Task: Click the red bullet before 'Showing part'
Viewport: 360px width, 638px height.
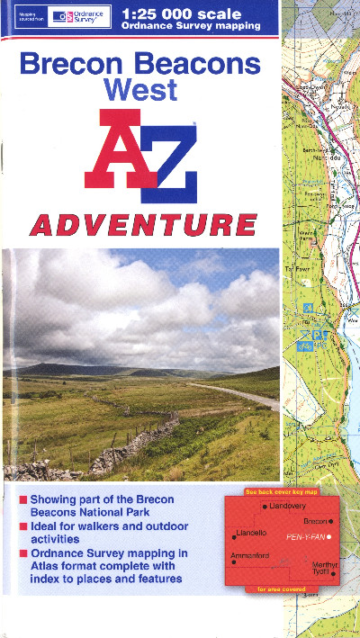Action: pyautogui.click(x=22, y=499)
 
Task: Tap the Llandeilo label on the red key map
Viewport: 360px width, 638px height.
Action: pyautogui.click(x=250, y=534)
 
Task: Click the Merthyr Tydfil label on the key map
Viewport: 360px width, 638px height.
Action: pyautogui.click(x=320, y=568)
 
